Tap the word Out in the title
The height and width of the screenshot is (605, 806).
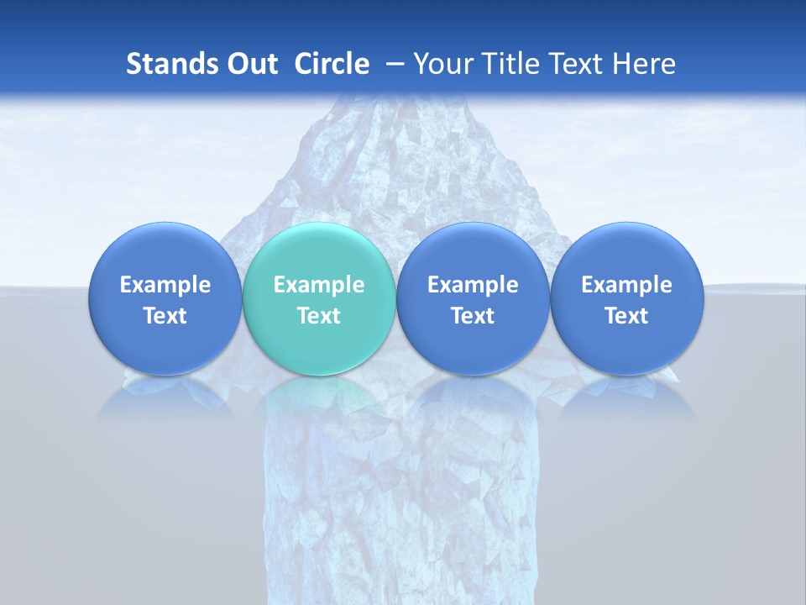click(250, 64)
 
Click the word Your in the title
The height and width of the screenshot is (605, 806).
click(441, 64)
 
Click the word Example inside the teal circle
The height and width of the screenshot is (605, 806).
click(319, 285)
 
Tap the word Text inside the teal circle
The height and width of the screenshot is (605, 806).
click(319, 316)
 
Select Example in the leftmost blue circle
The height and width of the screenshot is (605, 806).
click(165, 285)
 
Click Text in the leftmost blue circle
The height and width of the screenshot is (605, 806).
click(165, 316)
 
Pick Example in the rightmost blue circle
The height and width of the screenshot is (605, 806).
click(626, 285)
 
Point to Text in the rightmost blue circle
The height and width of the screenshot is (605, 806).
click(626, 316)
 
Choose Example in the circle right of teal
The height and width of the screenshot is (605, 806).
click(473, 285)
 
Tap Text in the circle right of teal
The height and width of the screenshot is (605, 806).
click(473, 316)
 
